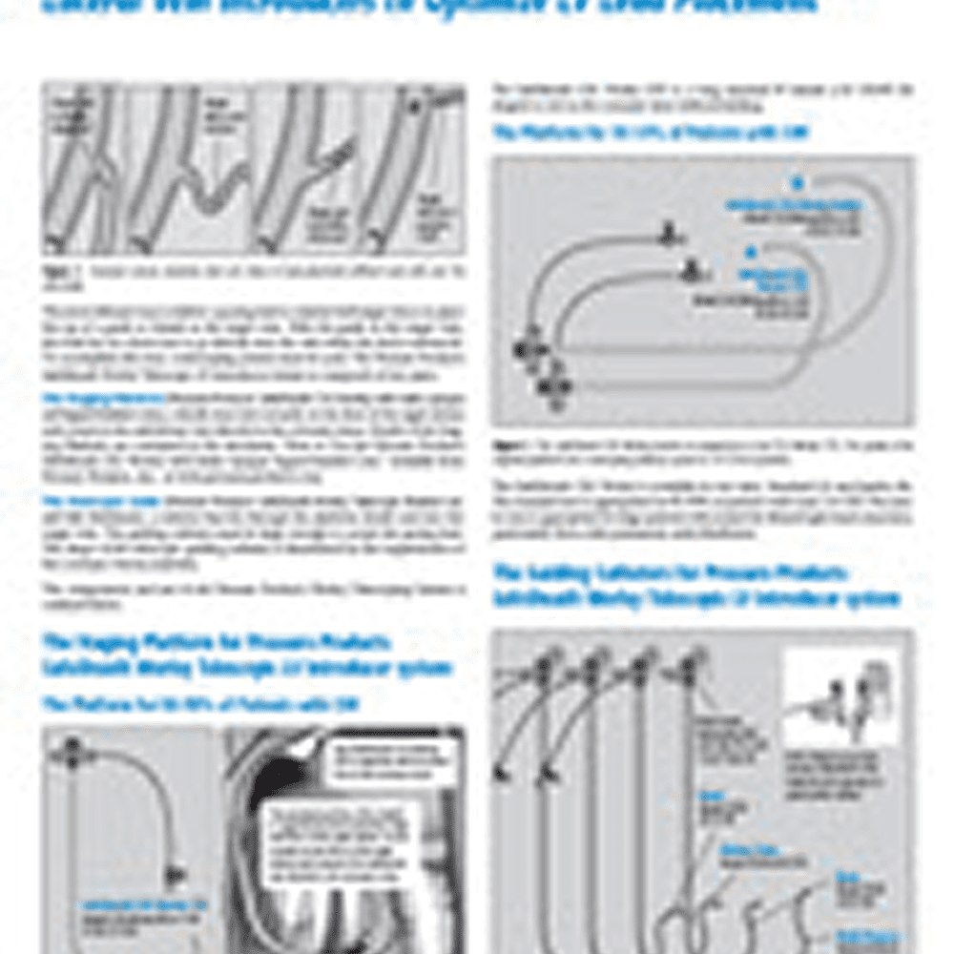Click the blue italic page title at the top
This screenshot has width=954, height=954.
[x=429, y=6]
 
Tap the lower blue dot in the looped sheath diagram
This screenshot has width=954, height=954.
[x=751, y=251]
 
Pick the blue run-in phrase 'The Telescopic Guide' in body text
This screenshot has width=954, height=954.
[x=75, y=499]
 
